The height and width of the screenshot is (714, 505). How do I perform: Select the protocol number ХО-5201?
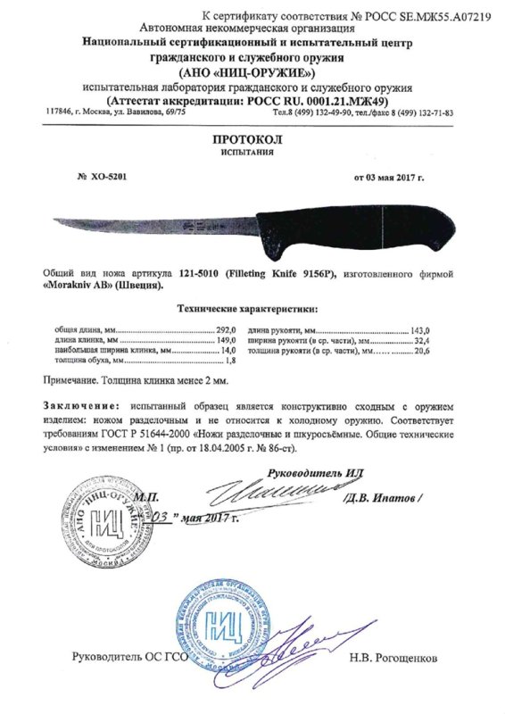tap(104, 178)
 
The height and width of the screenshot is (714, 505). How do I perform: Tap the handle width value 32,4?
tap(418, 341)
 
